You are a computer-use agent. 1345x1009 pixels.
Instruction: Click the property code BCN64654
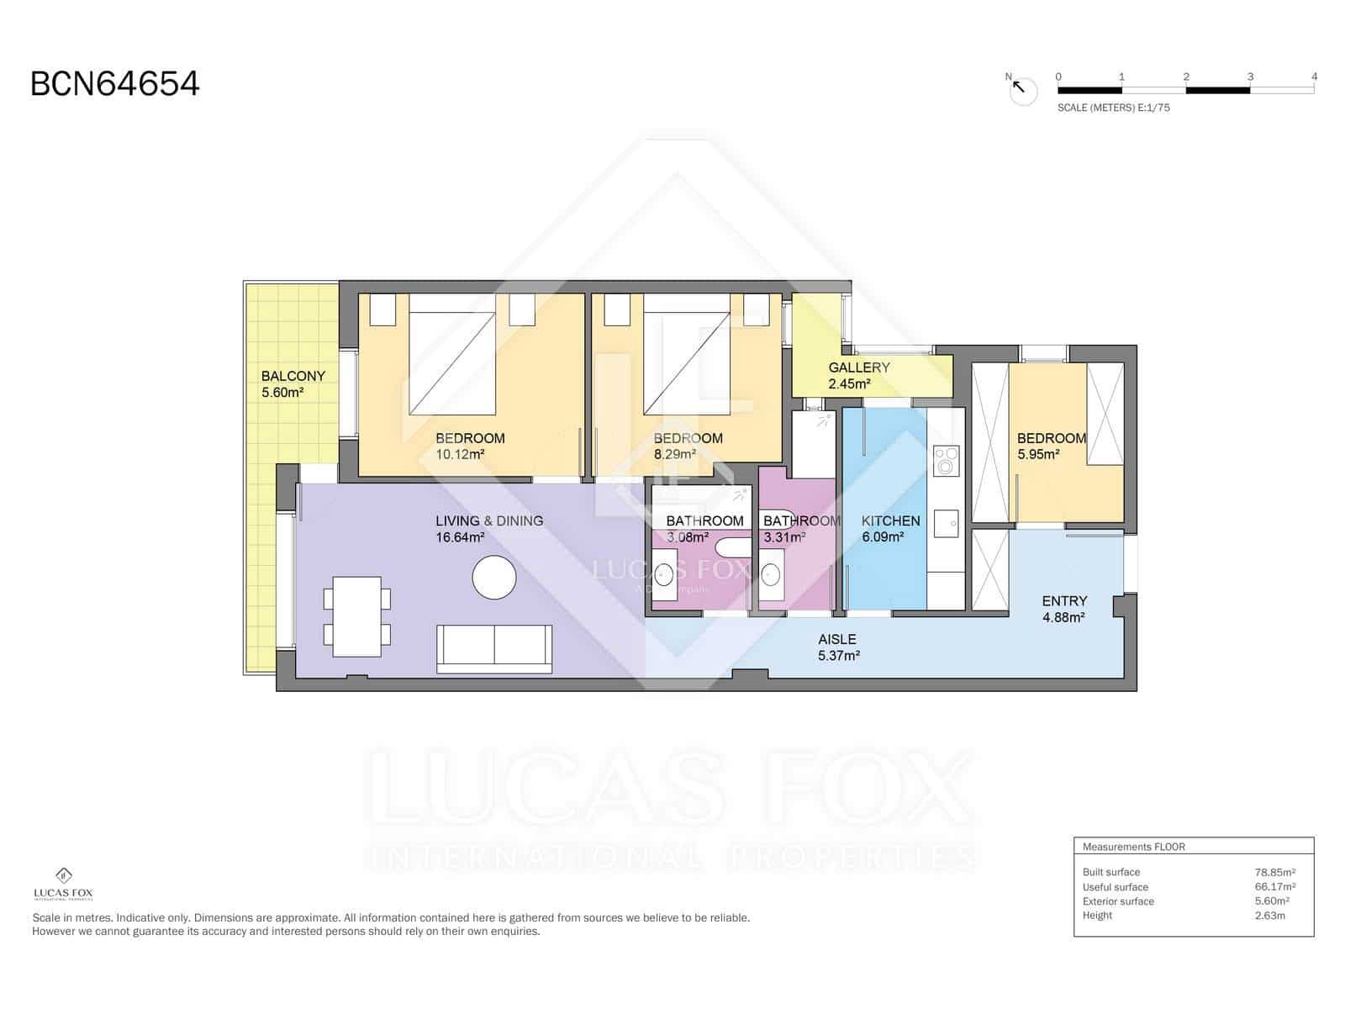click(x=114, y=84)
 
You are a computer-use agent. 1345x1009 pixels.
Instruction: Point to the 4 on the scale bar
click(x=1314, y=77)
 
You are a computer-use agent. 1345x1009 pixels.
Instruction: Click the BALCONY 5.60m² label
click(x=292, y=383)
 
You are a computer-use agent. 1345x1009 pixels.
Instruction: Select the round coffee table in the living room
click(x=494, y=578)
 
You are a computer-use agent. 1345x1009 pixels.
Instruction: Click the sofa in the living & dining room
click(x=494, y=648)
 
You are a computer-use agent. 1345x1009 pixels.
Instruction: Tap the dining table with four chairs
click(x=357, y=616)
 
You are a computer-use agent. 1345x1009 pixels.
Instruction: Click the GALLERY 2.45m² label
click(x=858, y=375)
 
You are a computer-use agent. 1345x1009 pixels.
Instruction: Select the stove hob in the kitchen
click(x=947, y=460)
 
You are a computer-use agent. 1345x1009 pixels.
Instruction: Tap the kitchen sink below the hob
click(x=947, y=523)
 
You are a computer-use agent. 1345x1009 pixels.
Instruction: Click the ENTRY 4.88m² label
click(x=1064, y=608)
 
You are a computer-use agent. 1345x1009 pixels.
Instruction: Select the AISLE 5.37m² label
click(x=837, y=647)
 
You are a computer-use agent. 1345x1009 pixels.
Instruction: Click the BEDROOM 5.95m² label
click(x=1051, y=446)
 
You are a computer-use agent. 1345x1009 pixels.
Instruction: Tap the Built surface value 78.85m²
click(x=1274, y=872)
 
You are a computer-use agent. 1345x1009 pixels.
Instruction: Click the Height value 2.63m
click(x=1269, y=915)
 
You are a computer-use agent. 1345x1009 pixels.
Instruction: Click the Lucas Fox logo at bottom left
click(x=63, y=883)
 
